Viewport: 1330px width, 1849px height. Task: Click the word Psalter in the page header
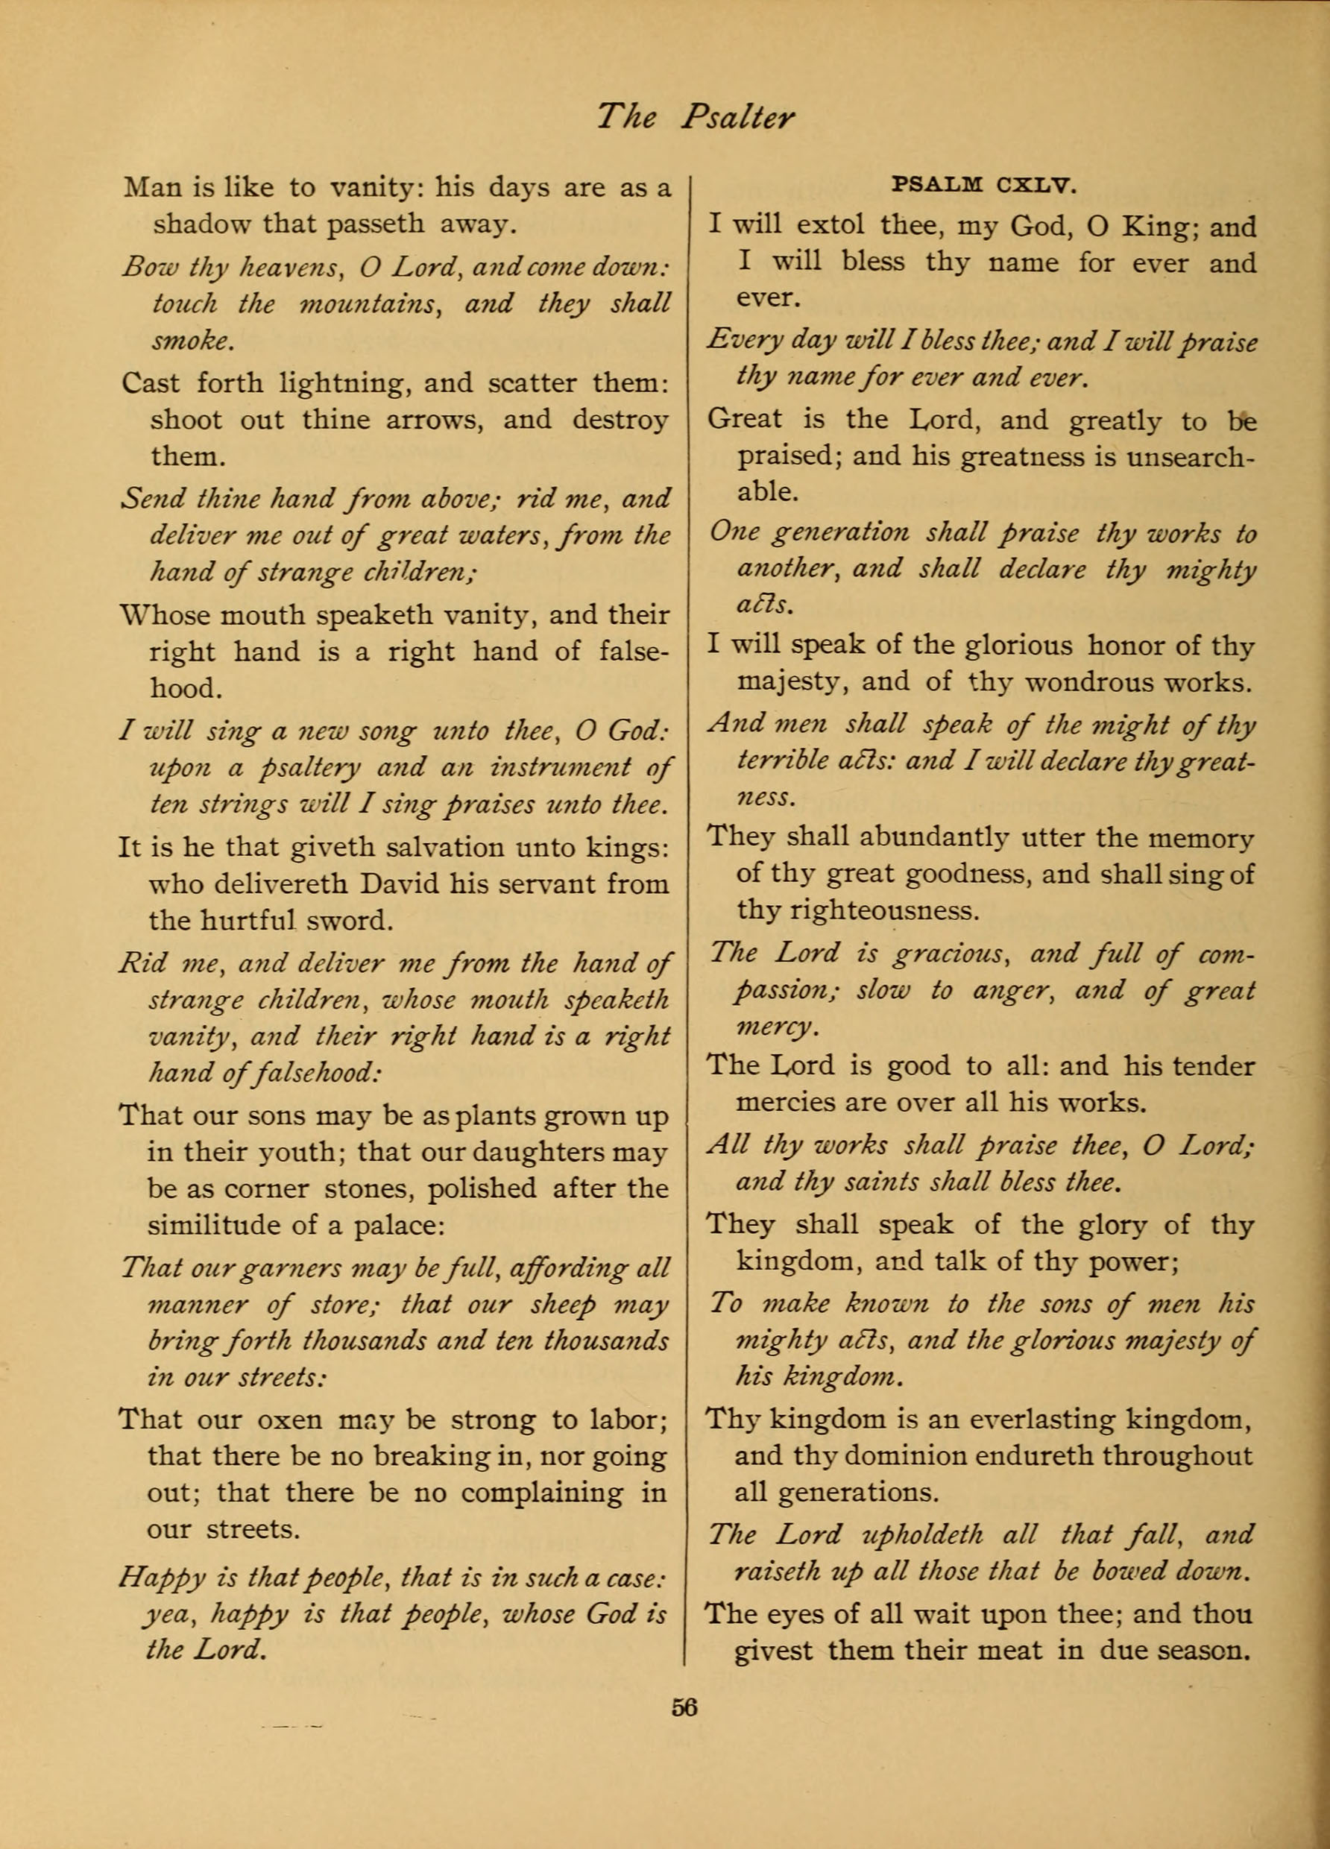click(737, 119)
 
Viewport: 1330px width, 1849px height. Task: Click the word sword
click(356, 922)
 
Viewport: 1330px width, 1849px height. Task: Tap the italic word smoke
click(192, 341)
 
